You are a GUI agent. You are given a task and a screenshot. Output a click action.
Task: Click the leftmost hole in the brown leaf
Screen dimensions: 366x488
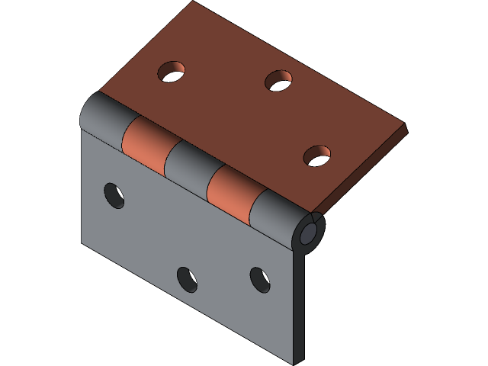click(x=172, y=72)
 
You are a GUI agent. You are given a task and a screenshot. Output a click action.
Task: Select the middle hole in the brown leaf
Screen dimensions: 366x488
click(x=279, y=79)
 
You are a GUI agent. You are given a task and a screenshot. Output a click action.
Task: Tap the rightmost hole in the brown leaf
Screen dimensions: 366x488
click(x=317, y=156)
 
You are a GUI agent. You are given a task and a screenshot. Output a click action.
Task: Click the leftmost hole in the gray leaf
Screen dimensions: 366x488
click(x=114, y=194)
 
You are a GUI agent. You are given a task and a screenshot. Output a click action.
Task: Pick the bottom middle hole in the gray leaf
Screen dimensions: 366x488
click(x=187, y=279)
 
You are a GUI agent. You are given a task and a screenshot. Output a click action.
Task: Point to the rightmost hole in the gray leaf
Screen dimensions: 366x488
click(x=260, y=280)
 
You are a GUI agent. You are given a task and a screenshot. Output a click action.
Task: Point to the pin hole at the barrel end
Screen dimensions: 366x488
click(x=310, y=233)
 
